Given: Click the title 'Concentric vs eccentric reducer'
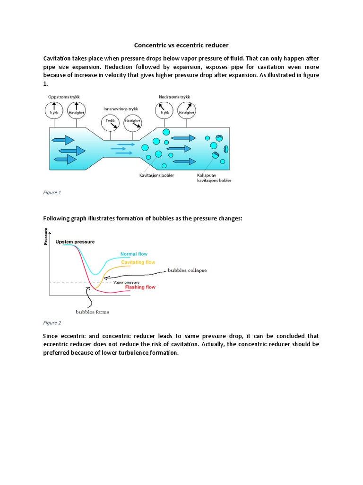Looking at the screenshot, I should coord(181,45).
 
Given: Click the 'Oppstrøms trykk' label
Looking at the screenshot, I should coord(64,97).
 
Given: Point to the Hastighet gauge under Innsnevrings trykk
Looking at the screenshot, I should coord(132,124).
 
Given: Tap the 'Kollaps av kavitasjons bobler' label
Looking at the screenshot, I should coord(214,178).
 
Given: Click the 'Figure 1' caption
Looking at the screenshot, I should coord(52,193).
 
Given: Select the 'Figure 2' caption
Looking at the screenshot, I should coord(52,323).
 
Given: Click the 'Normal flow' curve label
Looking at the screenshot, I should coord(134,254).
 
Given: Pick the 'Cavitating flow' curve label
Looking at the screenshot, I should coord(138,262).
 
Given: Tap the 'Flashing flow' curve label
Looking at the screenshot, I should coord(140,287).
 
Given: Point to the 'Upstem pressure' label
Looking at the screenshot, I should coord(75,242).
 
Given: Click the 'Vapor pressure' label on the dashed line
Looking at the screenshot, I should coord(125,282).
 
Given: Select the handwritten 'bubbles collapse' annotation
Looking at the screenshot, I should coord(187,270).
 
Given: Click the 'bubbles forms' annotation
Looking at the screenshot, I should coord(93,312).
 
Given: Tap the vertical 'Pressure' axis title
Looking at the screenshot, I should coord(46,236).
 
